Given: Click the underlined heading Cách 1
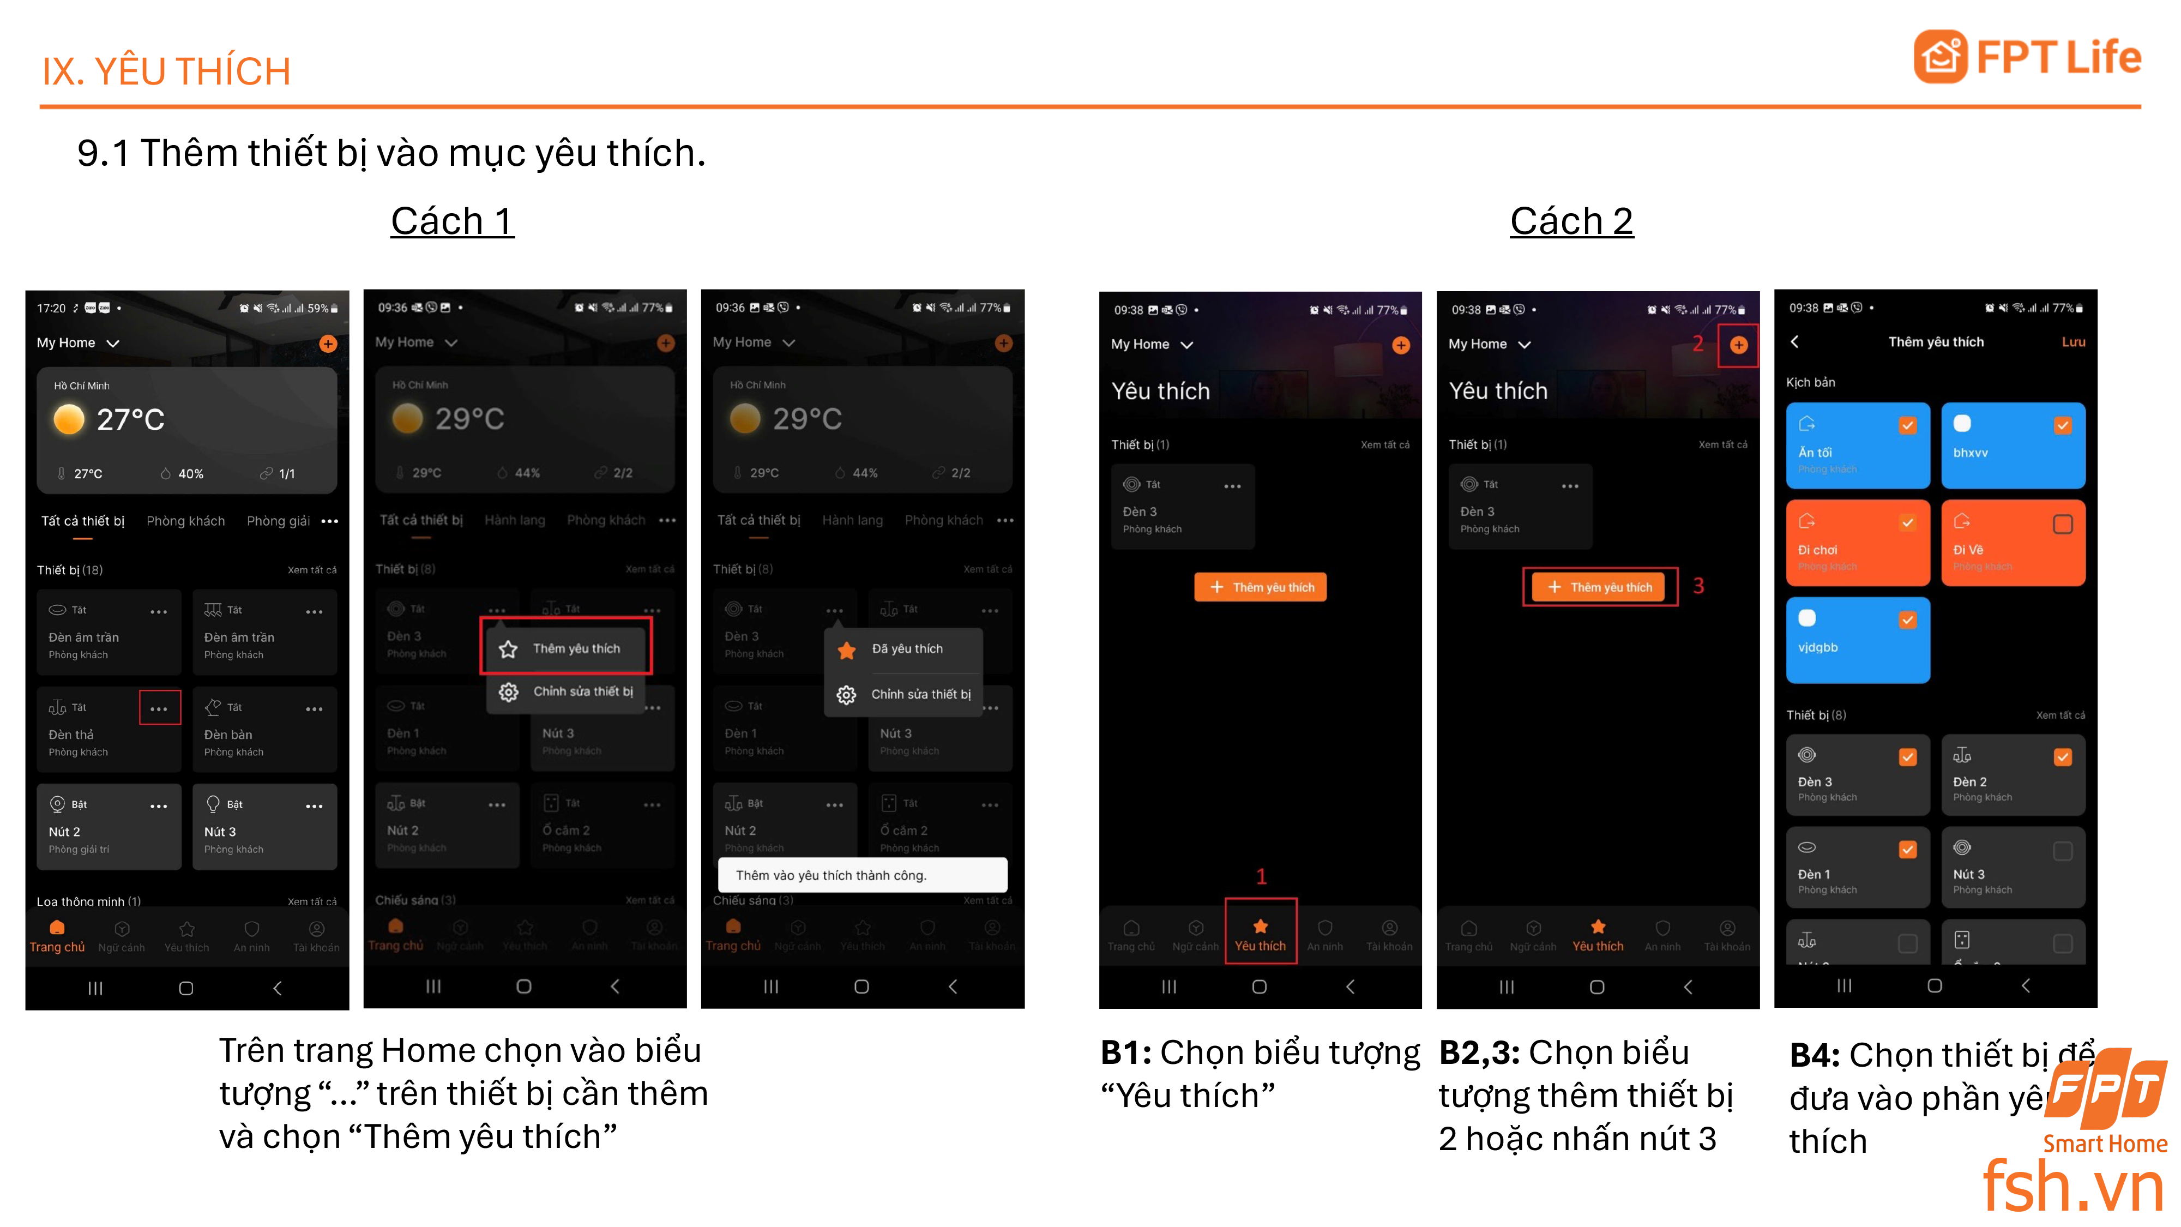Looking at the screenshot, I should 452,222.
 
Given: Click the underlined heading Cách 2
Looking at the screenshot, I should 1571,222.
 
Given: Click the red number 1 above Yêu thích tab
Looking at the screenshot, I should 1261,876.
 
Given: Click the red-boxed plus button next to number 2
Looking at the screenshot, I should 1738,345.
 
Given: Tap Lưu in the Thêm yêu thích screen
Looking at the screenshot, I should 2072,342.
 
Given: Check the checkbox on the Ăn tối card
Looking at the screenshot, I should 1907,426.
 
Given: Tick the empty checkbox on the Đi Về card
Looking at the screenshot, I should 2063,524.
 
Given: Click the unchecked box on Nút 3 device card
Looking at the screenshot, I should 2063,851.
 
